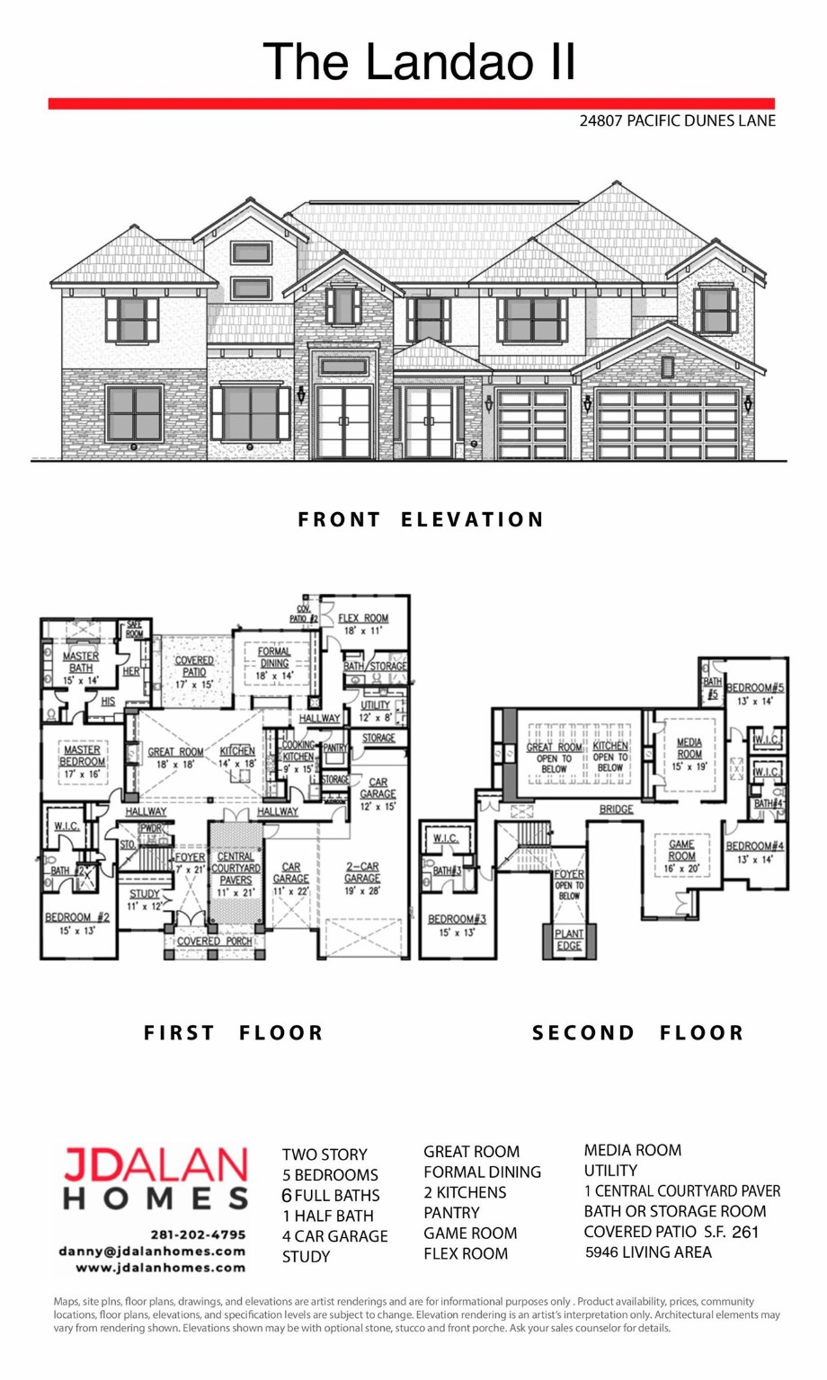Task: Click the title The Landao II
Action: [419, 62]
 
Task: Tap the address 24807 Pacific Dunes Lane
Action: [677, 120]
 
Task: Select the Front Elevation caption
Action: [421, 519]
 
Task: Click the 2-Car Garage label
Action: [362, 872]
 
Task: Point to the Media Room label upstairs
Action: [689, 748]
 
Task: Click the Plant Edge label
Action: [569, 940]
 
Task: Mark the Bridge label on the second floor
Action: [616, 809]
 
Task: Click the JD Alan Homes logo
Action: [156, 1178]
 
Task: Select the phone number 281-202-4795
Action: [198, 1234]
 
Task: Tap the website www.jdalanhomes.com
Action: [160, 1268]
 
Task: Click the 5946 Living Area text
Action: [647, 1252]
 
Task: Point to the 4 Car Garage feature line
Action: [334, 1236]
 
